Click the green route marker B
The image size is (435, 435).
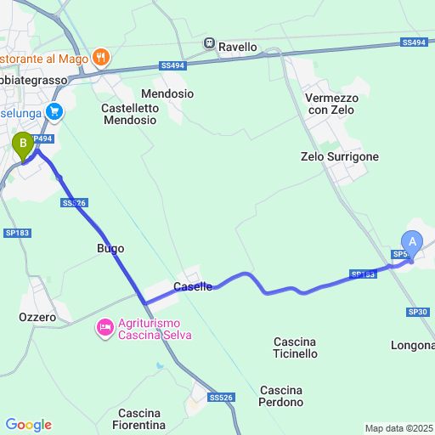click(x=22, y=145)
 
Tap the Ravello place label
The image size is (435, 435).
click(x=237, y=47)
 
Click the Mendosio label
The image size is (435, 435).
click(x=168, y=93)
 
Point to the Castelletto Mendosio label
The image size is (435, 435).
click(x=129, y=114)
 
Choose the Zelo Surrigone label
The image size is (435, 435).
click(x=340, y=157)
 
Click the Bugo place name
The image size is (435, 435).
click(x=110, y=249)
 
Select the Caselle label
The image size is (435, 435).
click(x=193, y=287)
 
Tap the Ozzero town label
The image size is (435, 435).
click(x=37, y=317)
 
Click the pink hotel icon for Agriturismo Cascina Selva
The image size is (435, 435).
click(x=105, y=327)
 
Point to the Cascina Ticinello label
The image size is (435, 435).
click(x=296, y=347)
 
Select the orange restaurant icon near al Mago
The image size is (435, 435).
click(x=101, y=57)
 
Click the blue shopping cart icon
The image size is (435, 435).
click(x=55, y=110)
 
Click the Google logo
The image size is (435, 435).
click(x=28, y=425)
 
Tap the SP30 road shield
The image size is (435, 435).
click(x=417, y=312)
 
